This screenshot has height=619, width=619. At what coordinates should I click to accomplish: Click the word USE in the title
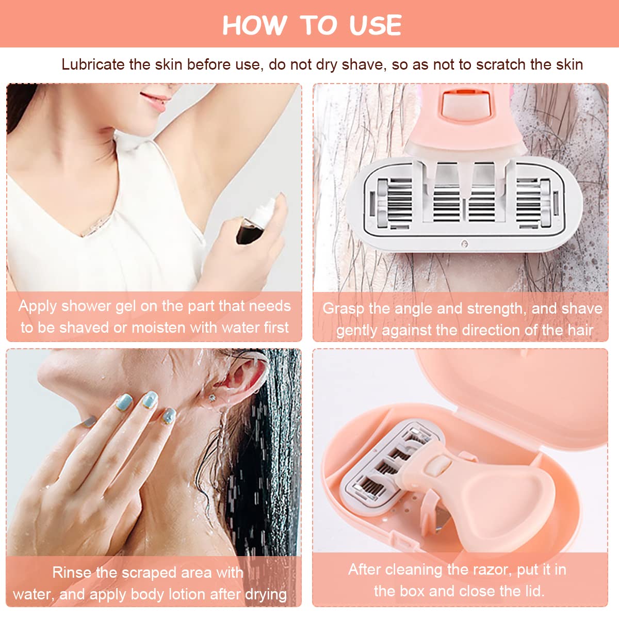(x=375, y=25)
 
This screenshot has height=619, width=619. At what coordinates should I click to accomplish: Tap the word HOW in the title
(x=254, y=25)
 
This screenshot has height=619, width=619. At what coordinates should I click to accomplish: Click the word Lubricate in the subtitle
(x=93, y=64)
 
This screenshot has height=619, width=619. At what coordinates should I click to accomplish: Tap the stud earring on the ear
(x=213, y=398)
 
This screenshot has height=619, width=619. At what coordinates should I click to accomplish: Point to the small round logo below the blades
(x=464, y=244)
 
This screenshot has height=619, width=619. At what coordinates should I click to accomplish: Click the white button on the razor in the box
(x=437, y=466)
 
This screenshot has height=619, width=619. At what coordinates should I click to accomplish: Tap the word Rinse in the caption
(x=71, y=573)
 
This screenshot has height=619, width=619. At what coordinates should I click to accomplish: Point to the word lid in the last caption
(x=534, y=591)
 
